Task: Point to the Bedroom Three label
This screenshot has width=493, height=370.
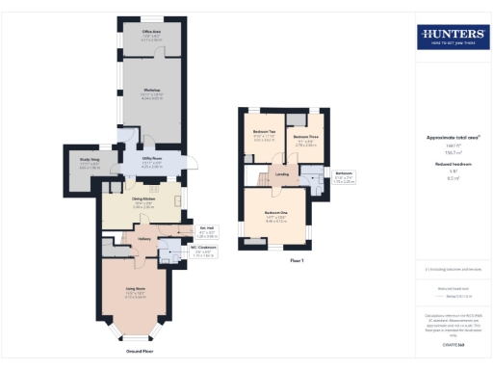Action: [x=306, y=138]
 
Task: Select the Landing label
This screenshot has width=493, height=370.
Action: [x=282, y=174]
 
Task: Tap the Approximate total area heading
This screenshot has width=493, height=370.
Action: [x=452, y=137]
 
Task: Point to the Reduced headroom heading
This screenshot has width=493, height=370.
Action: [x=452, y=165]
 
